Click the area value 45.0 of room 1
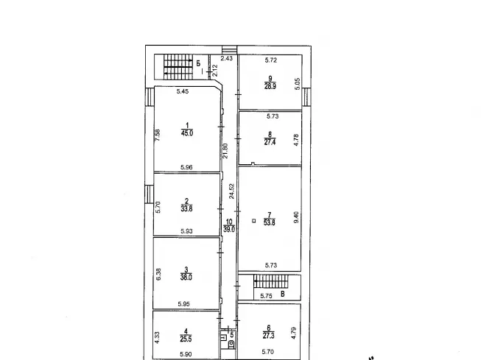(187, 133)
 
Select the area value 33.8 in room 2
(186, 209)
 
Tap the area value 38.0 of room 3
(186, 278)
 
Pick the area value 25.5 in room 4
(186, 339)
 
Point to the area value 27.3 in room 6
(268, 336)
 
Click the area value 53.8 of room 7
(270, 222)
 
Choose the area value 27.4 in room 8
(270, 142)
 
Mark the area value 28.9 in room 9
(270, 86)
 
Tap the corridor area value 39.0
(229, 229)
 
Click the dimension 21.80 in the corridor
(225, 151)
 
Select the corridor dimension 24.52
(231, 191)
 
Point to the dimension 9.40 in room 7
(296, 217)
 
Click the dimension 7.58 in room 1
(158, 135)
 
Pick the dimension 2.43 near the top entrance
(227, 58)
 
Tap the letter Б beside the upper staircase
(198, 63)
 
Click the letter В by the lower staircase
(283, 294)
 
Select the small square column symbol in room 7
(253, 220)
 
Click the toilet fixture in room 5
(231, 344)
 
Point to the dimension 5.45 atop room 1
(183, 91)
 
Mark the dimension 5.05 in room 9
(298, 84)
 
